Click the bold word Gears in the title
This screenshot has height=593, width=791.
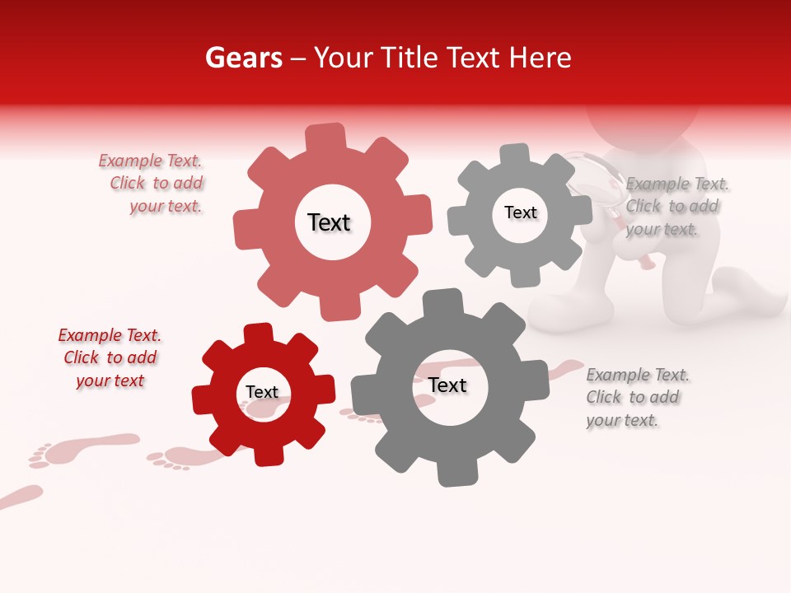(x=243, y=58)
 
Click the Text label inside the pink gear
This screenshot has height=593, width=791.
(x=329, y=222)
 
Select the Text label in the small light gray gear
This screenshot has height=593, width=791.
(x=520, y=212)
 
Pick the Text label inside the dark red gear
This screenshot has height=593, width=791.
(x=262, y=392)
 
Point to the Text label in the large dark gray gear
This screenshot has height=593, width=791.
(x=447, y=385)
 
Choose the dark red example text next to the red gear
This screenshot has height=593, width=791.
(x=110, y=358)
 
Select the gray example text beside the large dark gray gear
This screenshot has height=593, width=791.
(x=634, y=398)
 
